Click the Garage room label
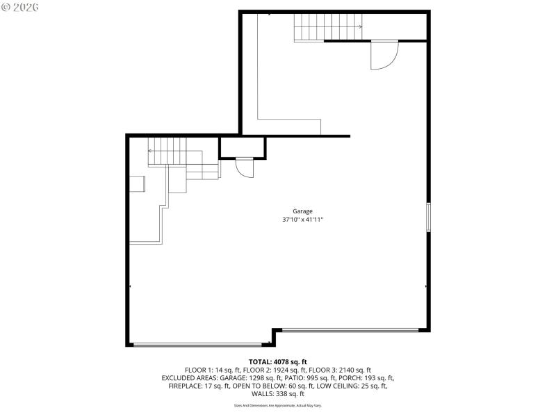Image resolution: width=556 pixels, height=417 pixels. point(302,211)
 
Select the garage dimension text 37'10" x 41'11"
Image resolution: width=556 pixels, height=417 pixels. point(302,220)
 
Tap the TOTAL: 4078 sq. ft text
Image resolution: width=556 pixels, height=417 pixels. point(277,361)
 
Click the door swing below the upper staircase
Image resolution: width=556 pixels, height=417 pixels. point(383,55)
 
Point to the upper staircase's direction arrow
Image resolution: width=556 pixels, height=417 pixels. point(359,27)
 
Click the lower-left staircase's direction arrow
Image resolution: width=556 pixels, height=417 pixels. point(151,150)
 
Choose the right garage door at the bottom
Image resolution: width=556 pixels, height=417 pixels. point(351,330)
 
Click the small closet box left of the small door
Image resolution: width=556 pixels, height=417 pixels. point(243,148)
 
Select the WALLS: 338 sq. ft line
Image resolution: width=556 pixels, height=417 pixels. point(277,394)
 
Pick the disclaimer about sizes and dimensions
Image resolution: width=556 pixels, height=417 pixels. point(277,405)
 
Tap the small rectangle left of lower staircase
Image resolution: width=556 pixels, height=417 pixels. point(138,183)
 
